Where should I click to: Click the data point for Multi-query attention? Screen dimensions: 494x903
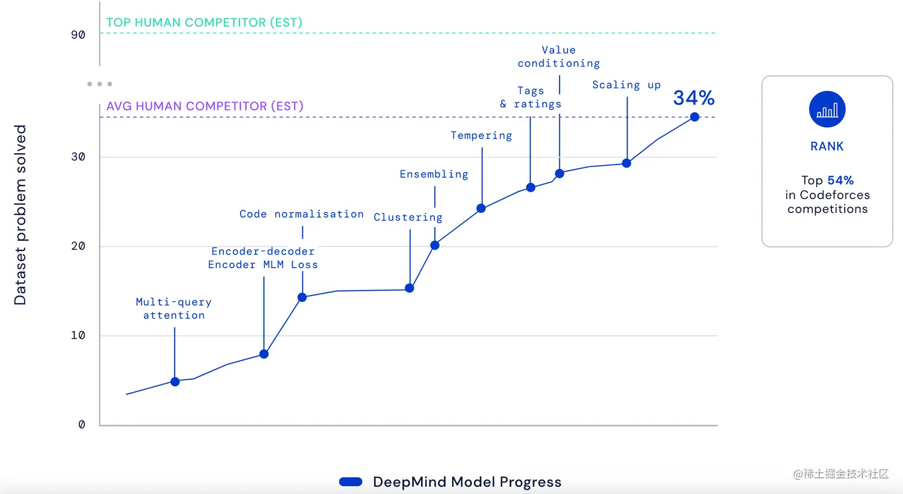click(x=175, y=382)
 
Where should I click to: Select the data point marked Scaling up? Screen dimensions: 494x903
click(x=626, y=163)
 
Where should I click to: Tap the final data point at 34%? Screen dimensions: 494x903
click(x=695, y=117)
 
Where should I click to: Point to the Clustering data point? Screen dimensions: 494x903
click(x=410, y=288)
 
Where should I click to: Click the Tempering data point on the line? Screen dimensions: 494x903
click(x=481, y=208)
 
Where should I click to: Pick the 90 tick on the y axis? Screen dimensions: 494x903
click(x=78, y=35)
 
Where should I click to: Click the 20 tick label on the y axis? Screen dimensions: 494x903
click(x=78, y=246)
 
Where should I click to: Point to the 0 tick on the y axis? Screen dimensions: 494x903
click(x=82, y=425)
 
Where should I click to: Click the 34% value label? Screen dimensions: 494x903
click(x=694, y=97)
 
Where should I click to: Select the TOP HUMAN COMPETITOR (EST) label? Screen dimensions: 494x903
click(x=204, y=23)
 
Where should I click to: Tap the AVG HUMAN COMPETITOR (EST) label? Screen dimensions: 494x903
click(x=205, y=106)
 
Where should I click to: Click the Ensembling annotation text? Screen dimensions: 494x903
click(x=434, y=174)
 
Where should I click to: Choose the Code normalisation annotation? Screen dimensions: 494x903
click(x=302, y=214)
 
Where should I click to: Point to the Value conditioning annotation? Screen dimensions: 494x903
click(x=558, y=57)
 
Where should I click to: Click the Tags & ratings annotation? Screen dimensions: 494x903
click(x=531, y=97)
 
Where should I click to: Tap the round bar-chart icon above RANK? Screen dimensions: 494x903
click(x=827, y=109)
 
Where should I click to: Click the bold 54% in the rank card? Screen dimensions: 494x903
click(x=840, y=181)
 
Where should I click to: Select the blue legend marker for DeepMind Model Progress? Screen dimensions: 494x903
click(x=351, y=482)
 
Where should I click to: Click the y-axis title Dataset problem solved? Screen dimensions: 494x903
click(x=20, y=215)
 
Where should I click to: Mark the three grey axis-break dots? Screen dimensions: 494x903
click(x=100, y=84)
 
